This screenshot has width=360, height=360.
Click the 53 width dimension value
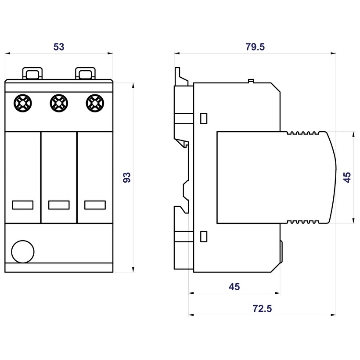(59, 47)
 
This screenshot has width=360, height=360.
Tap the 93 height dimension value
(127, 177)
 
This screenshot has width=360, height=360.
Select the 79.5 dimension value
(255, 47)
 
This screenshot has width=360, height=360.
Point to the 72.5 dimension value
(262, 309)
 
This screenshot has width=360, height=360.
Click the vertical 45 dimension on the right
(347, 177)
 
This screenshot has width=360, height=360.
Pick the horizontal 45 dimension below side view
(234, 287)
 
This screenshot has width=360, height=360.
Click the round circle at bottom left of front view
(22, 252)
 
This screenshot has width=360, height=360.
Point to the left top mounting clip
(33, 72)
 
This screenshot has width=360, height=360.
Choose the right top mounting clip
(86, 72)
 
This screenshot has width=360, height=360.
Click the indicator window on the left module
(23, 205)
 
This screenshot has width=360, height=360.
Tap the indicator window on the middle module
(59, 205)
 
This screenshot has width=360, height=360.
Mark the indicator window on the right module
(95, 205)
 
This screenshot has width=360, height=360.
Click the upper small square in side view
(204, 118)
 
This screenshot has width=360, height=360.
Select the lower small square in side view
(204, 236)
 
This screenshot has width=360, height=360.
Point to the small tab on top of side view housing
(251, 81)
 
